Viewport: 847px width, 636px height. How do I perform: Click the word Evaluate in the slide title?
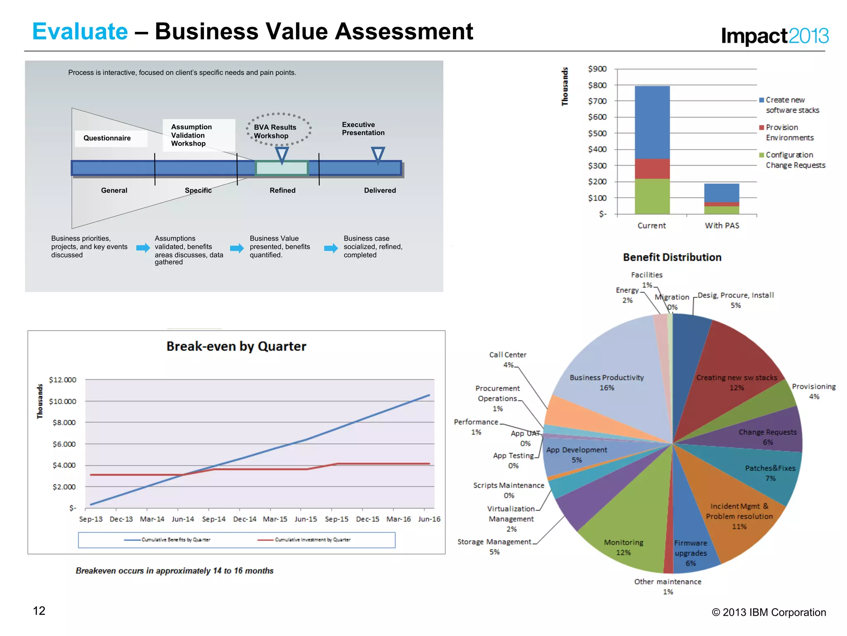pos(80,31)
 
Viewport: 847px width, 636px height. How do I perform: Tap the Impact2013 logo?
pos(774,36)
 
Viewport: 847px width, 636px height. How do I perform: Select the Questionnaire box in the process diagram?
pos(107,138)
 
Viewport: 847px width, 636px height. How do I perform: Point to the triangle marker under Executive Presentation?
pos(378,154)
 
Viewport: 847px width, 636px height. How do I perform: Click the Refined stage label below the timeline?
pos(282,190)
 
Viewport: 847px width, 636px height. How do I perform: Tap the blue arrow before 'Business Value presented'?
pos(237,248)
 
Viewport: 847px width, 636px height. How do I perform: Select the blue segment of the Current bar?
pos(652,122)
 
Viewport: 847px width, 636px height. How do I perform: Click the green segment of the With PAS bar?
pos(722,210)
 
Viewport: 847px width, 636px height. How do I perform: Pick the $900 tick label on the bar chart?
pos(597,69)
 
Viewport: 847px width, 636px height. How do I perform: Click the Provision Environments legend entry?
pos(789,132)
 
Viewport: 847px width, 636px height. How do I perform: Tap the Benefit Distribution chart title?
pos(672,258)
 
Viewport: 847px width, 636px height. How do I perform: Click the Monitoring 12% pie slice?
pos(624,534)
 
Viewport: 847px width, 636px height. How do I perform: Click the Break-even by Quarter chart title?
pos(236,346)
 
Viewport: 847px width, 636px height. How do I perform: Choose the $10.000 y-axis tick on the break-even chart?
pos(62,401)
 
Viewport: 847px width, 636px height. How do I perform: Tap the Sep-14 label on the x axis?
pos(214,519)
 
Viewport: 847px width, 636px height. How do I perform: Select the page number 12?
pos(39,611)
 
